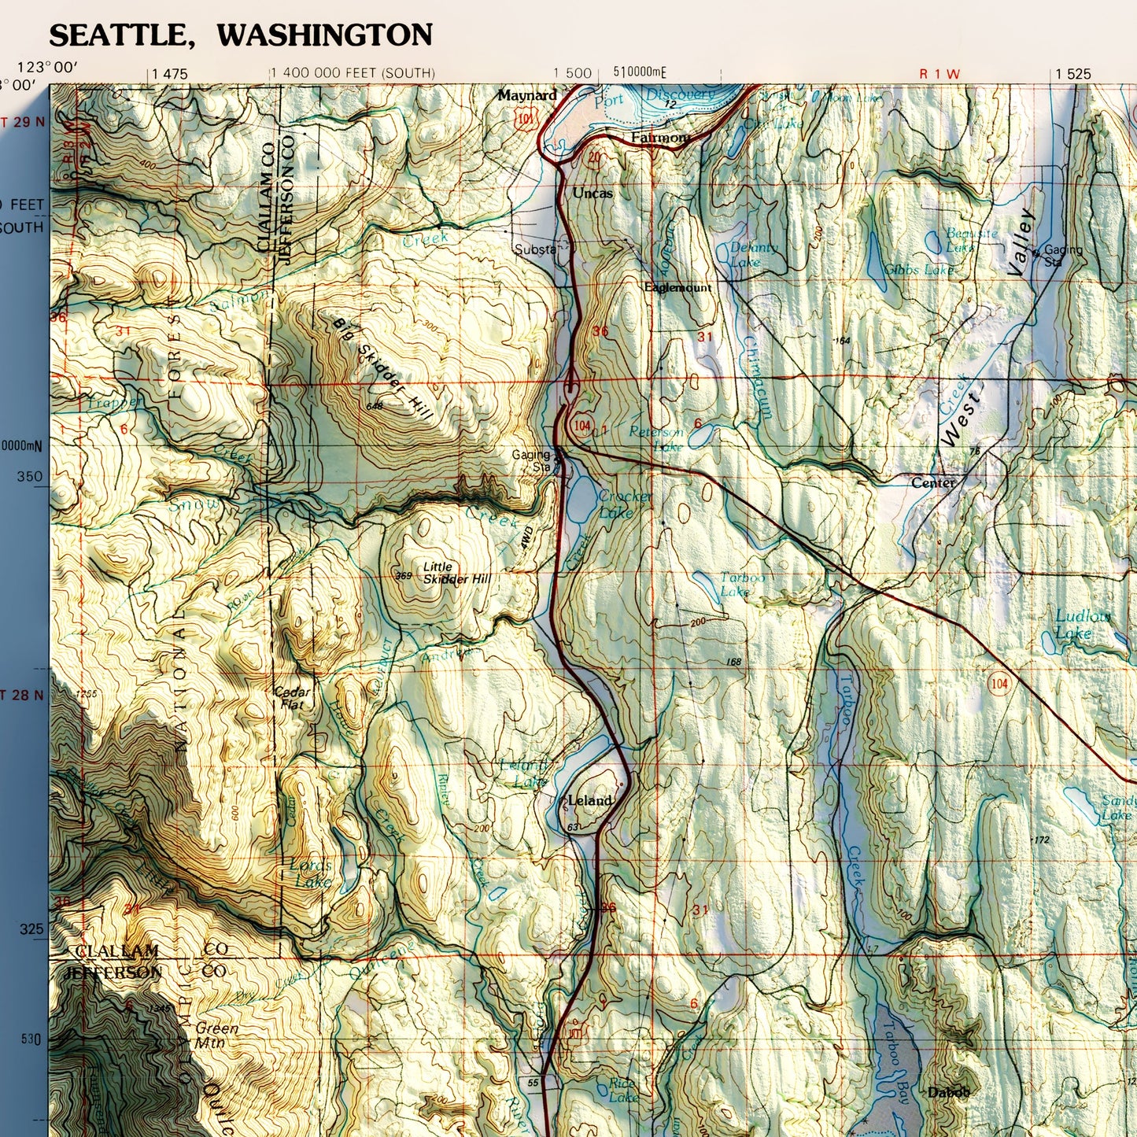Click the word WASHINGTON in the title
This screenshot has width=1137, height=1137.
pyautogui.click(x=324, y=35)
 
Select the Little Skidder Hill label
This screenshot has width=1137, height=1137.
pyautogui.click(x=456, y=573)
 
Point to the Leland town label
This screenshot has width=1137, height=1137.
pyautogui.click(x=589, y=800)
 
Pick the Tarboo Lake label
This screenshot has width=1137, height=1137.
pyautogui.click(x=741, y=584)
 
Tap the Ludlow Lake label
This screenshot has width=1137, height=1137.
pyautogui.click(x=1082, y=624)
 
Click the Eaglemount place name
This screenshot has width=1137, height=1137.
pyautogui.click(x=677, y=288)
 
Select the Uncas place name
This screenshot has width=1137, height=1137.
pyautogui.click(x=592, y=193)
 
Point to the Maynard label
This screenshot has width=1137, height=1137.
pyautogui.click(x=526, y=95)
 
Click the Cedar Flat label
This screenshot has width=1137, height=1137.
pyautogui.click(x=292, y=698)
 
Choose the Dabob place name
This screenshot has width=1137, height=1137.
pyautogui.click(x=948, y=1092)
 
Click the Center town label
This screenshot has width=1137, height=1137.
pyautogui.click(x=932, y=482)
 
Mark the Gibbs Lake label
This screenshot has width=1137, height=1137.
pyautogui.click(x=918, y=270)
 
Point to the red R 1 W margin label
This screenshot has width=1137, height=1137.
pyautogui.click(x=940, y=74)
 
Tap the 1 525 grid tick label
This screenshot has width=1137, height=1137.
pyautogui.click(x=1073, y=74)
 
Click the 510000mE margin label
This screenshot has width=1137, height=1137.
pyautogui.click(x=639, y=72)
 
